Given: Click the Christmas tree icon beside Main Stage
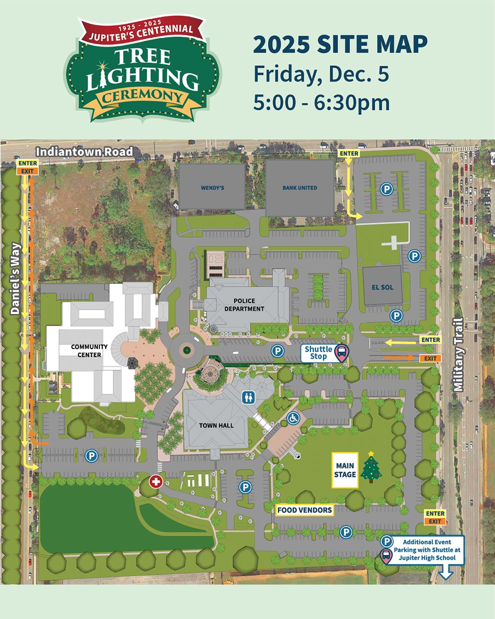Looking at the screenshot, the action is [372, 467].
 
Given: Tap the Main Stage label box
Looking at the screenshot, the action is [346, 470].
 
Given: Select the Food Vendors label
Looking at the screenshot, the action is [304, 510].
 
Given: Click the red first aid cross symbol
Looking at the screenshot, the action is [156, 481].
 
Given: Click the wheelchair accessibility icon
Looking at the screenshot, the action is [294, 418].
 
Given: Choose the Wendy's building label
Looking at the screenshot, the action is [212, 188].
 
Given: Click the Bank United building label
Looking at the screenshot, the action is [299, 188].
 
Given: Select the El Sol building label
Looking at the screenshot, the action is [382, 287].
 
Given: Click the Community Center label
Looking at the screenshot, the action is [86, 351].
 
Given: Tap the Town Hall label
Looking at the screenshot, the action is [216, 425].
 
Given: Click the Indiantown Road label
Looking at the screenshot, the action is [85, 152].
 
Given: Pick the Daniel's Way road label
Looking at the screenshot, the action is [15, 278].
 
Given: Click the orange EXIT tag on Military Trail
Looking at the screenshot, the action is [430, 358].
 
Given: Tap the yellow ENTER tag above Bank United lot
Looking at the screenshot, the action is [348, 154].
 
